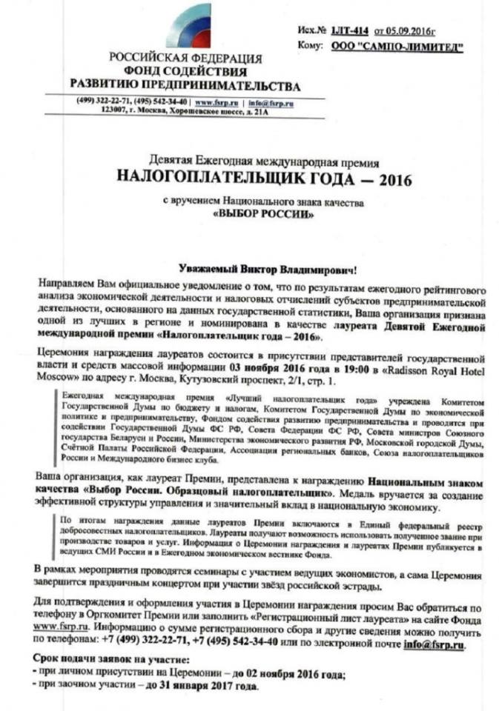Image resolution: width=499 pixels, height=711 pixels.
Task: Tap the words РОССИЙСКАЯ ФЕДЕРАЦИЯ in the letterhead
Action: (185, 59)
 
